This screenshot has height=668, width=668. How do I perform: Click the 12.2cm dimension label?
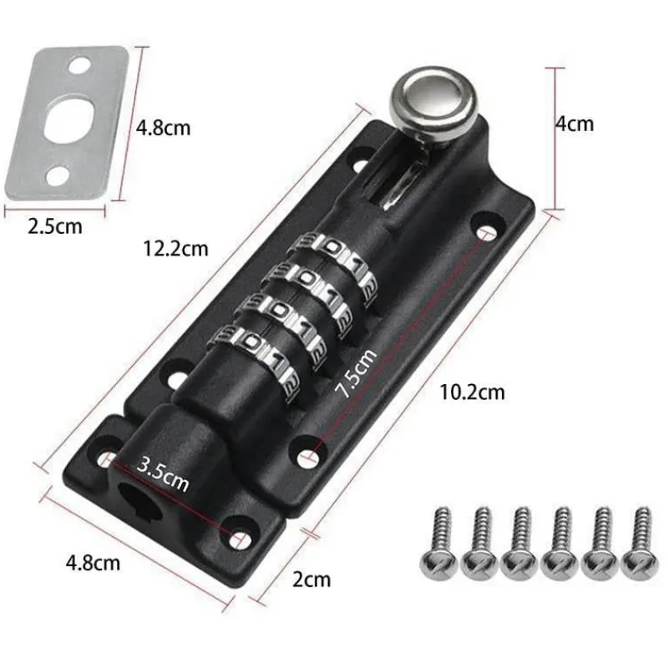(176, 248)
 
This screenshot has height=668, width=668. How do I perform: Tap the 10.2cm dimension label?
(472, 392)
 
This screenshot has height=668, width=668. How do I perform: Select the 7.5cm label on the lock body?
(356, 372)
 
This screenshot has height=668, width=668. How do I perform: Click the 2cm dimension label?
(311, 579)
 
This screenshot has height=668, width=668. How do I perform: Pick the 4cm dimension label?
(574, 124)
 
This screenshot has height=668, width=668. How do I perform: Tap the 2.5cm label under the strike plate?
(55, 226)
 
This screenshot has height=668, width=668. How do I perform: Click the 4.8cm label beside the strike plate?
(163, 128)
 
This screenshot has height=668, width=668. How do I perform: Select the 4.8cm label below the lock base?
(93, 563)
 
